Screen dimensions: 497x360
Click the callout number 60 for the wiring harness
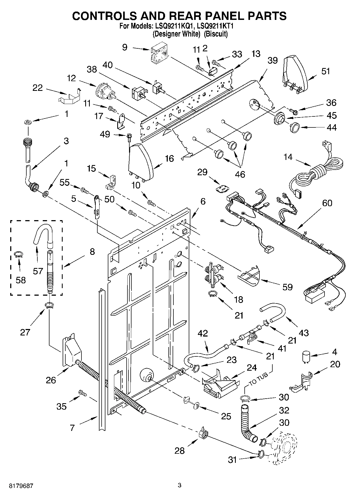coord(327,203)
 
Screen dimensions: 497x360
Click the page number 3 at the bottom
coord(180,485)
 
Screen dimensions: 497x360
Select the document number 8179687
coord(18,486)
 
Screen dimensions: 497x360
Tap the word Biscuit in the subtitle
coord(216,34)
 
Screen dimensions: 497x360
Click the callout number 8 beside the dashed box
coord(92,252)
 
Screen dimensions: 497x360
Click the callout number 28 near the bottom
coord(179,450)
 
